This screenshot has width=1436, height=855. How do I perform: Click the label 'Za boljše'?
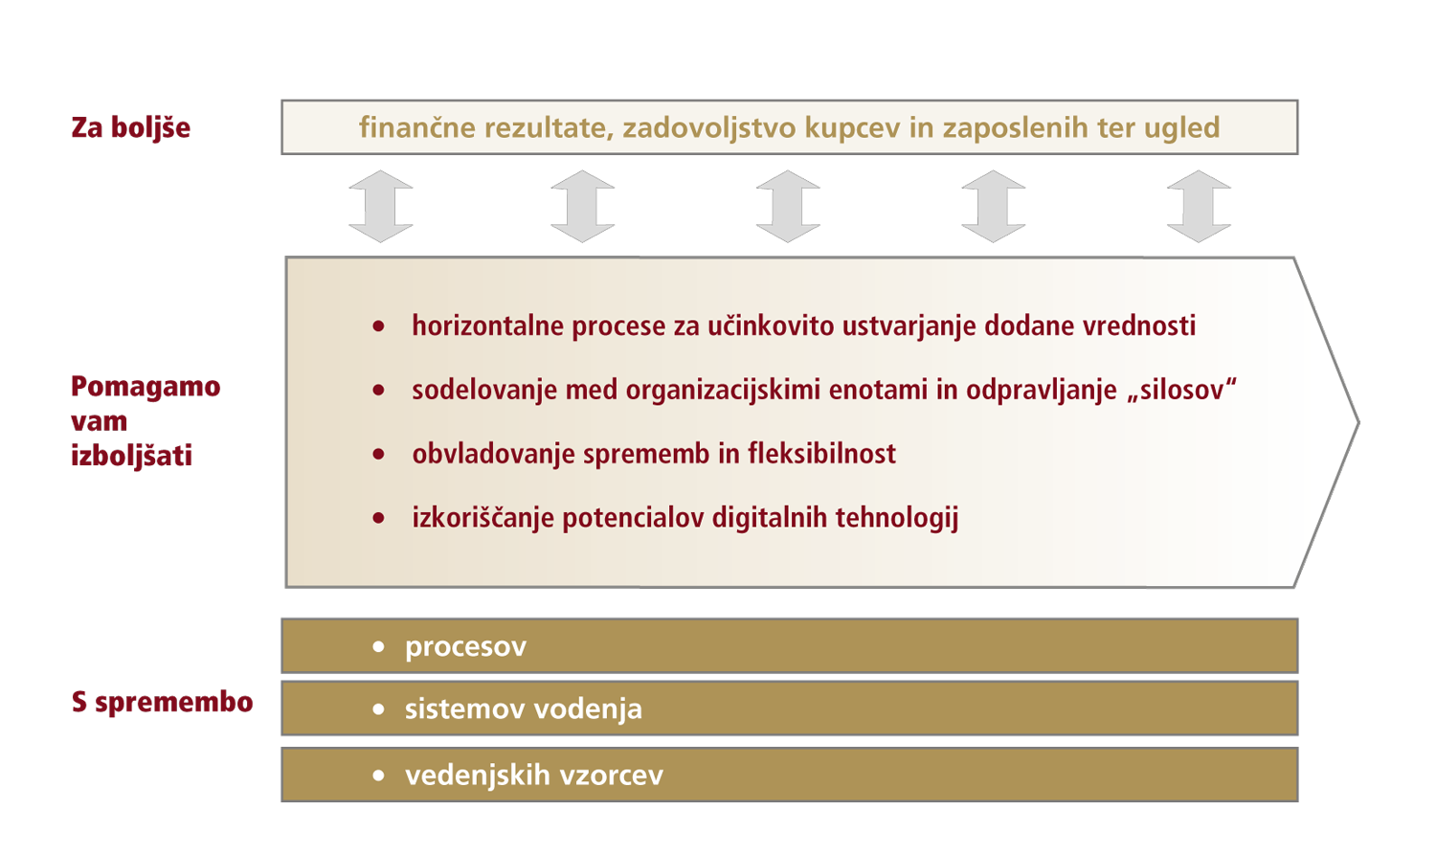click(131, 127)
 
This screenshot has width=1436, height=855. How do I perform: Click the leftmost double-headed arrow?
click(381, 206)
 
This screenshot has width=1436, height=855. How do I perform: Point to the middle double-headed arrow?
click(788, 206)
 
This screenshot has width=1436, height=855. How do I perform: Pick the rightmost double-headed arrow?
click(1199, 206)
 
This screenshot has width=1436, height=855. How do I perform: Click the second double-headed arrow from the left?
click(583, 206)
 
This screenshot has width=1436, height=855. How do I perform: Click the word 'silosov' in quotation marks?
click(1182, 391)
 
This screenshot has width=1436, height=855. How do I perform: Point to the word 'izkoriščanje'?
click(482, 518)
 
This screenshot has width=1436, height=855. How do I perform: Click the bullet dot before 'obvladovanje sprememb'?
click(379, 454)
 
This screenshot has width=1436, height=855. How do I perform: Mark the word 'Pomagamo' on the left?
click(146, 387)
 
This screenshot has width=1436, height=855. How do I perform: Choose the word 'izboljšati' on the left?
click(132, 456)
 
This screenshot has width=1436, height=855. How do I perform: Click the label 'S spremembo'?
click(163, 703)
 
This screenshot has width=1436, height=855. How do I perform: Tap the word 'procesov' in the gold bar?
click(465, 647)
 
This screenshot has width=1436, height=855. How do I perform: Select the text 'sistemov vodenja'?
click(523, 709)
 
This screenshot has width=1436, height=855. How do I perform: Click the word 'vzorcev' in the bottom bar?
click(613, 775)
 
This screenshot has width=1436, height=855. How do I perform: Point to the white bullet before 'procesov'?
click(379, 647)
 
